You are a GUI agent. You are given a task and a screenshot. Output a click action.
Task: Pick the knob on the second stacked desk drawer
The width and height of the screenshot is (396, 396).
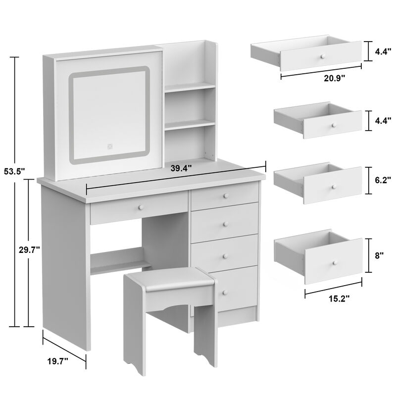(x=225, y=222)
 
